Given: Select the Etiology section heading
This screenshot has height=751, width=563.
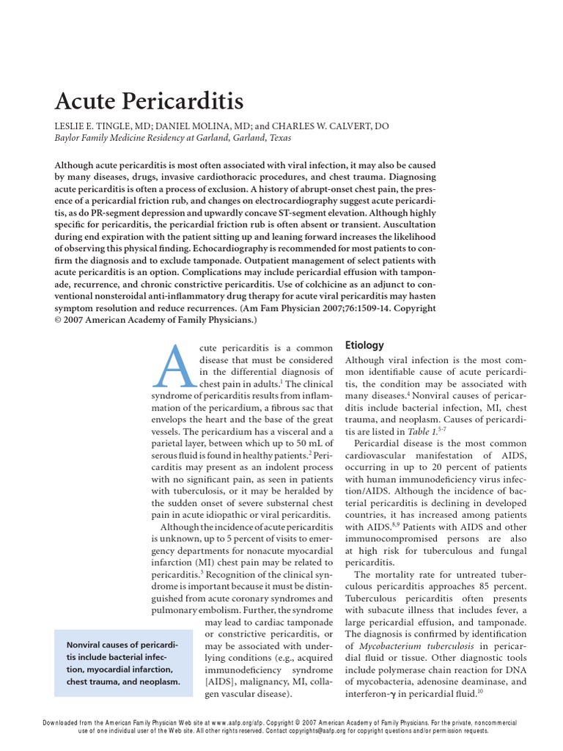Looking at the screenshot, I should [x=364, y=345].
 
